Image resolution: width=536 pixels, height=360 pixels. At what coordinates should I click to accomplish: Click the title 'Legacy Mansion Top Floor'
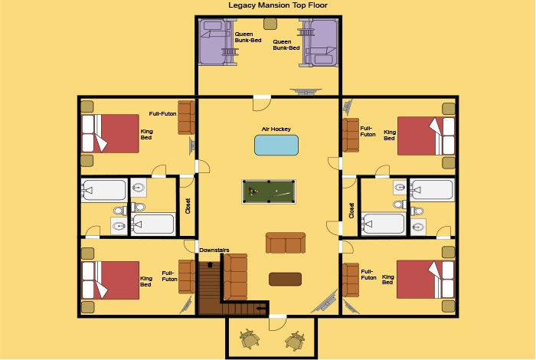tap(278, 5)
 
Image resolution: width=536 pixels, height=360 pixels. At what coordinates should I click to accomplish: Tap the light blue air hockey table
tap(276, 145)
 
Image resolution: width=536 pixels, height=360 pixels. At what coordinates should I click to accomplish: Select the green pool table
tap(269, 191)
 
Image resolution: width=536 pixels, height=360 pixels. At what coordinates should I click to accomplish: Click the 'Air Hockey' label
tap(276, 129)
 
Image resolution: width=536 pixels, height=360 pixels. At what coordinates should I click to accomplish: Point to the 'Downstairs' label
tap(214, 250)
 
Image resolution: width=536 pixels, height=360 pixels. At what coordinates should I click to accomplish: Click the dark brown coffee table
tap(285, 279)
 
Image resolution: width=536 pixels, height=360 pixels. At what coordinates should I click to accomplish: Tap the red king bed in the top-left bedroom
tap(110, 133)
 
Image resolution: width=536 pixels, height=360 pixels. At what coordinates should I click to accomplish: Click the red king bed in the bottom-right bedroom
tap(426, 280)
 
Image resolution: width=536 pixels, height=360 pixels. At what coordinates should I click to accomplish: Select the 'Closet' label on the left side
tap(188, 206)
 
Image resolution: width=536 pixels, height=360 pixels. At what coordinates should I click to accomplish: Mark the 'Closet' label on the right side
tap(351, 211)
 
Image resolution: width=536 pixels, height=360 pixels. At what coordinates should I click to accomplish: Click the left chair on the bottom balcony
tap(250, 339)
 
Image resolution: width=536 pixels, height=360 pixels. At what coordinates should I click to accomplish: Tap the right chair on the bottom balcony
tap(295, 340)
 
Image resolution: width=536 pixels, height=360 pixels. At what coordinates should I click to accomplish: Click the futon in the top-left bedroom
tap(186, 117)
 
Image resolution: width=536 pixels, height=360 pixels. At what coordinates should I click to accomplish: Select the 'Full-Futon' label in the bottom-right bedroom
tap(368, 274)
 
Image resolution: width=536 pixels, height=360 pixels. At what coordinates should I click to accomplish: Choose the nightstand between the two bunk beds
tap(270, 24)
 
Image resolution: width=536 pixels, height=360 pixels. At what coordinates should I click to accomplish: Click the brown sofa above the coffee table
tap(286, 243)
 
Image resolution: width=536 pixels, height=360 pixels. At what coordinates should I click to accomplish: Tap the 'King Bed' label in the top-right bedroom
tap(390, 135)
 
